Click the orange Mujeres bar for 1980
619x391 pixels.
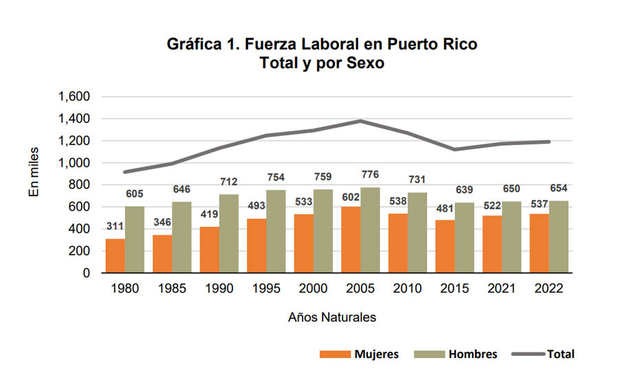point(115,255)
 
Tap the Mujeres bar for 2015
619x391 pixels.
point(444,246)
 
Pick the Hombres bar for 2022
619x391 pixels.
point(558,237)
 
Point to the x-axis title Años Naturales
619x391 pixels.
point(332,318)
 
